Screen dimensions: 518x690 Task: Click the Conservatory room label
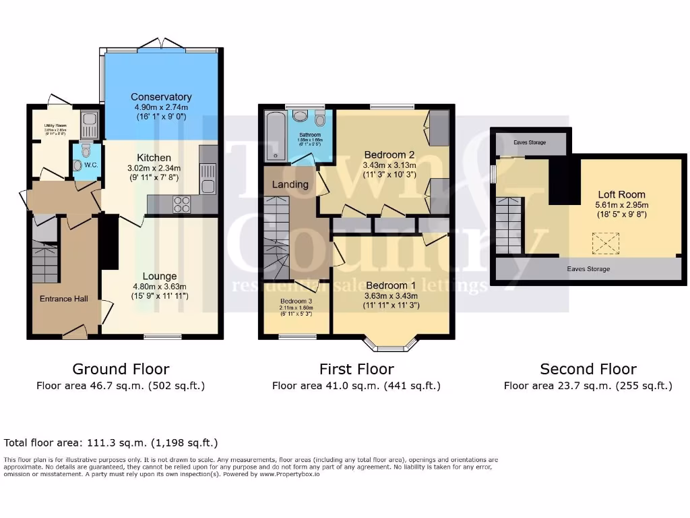(161, 97)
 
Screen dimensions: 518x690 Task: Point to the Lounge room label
(160, 276)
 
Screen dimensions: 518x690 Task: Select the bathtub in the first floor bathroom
(275, 137)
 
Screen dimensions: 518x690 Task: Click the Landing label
(290, 184)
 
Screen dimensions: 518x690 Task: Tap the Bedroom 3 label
(296, 301)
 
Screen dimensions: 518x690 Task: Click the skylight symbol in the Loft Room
(605, 243)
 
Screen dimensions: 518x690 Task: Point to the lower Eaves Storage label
(588, 269)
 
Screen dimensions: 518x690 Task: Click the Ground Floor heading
(121, 369)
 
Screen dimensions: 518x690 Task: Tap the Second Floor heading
(588, 369)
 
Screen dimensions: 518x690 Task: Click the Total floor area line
(111, 443)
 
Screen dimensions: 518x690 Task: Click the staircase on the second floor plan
(509, 225)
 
